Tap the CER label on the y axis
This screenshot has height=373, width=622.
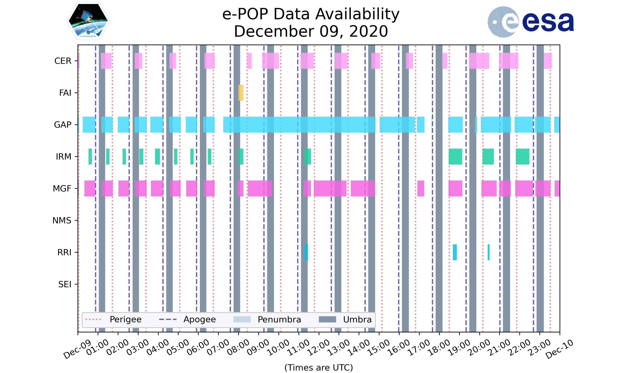click(63, 61)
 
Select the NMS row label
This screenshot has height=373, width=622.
click(62, 220)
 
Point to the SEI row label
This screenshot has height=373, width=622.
click(65, 284)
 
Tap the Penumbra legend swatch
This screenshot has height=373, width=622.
click(242, 320)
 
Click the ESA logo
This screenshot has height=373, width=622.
click(531, 22)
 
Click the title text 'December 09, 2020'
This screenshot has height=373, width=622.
click(311, 31)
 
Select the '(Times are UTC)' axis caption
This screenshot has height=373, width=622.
click(318, 367)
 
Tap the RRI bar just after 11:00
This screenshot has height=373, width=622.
click(306, 252)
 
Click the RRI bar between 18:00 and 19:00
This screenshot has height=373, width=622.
click(454, 252)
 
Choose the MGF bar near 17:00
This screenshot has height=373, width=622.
click(421, 189)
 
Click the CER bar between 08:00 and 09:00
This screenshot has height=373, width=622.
click(249, 61)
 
